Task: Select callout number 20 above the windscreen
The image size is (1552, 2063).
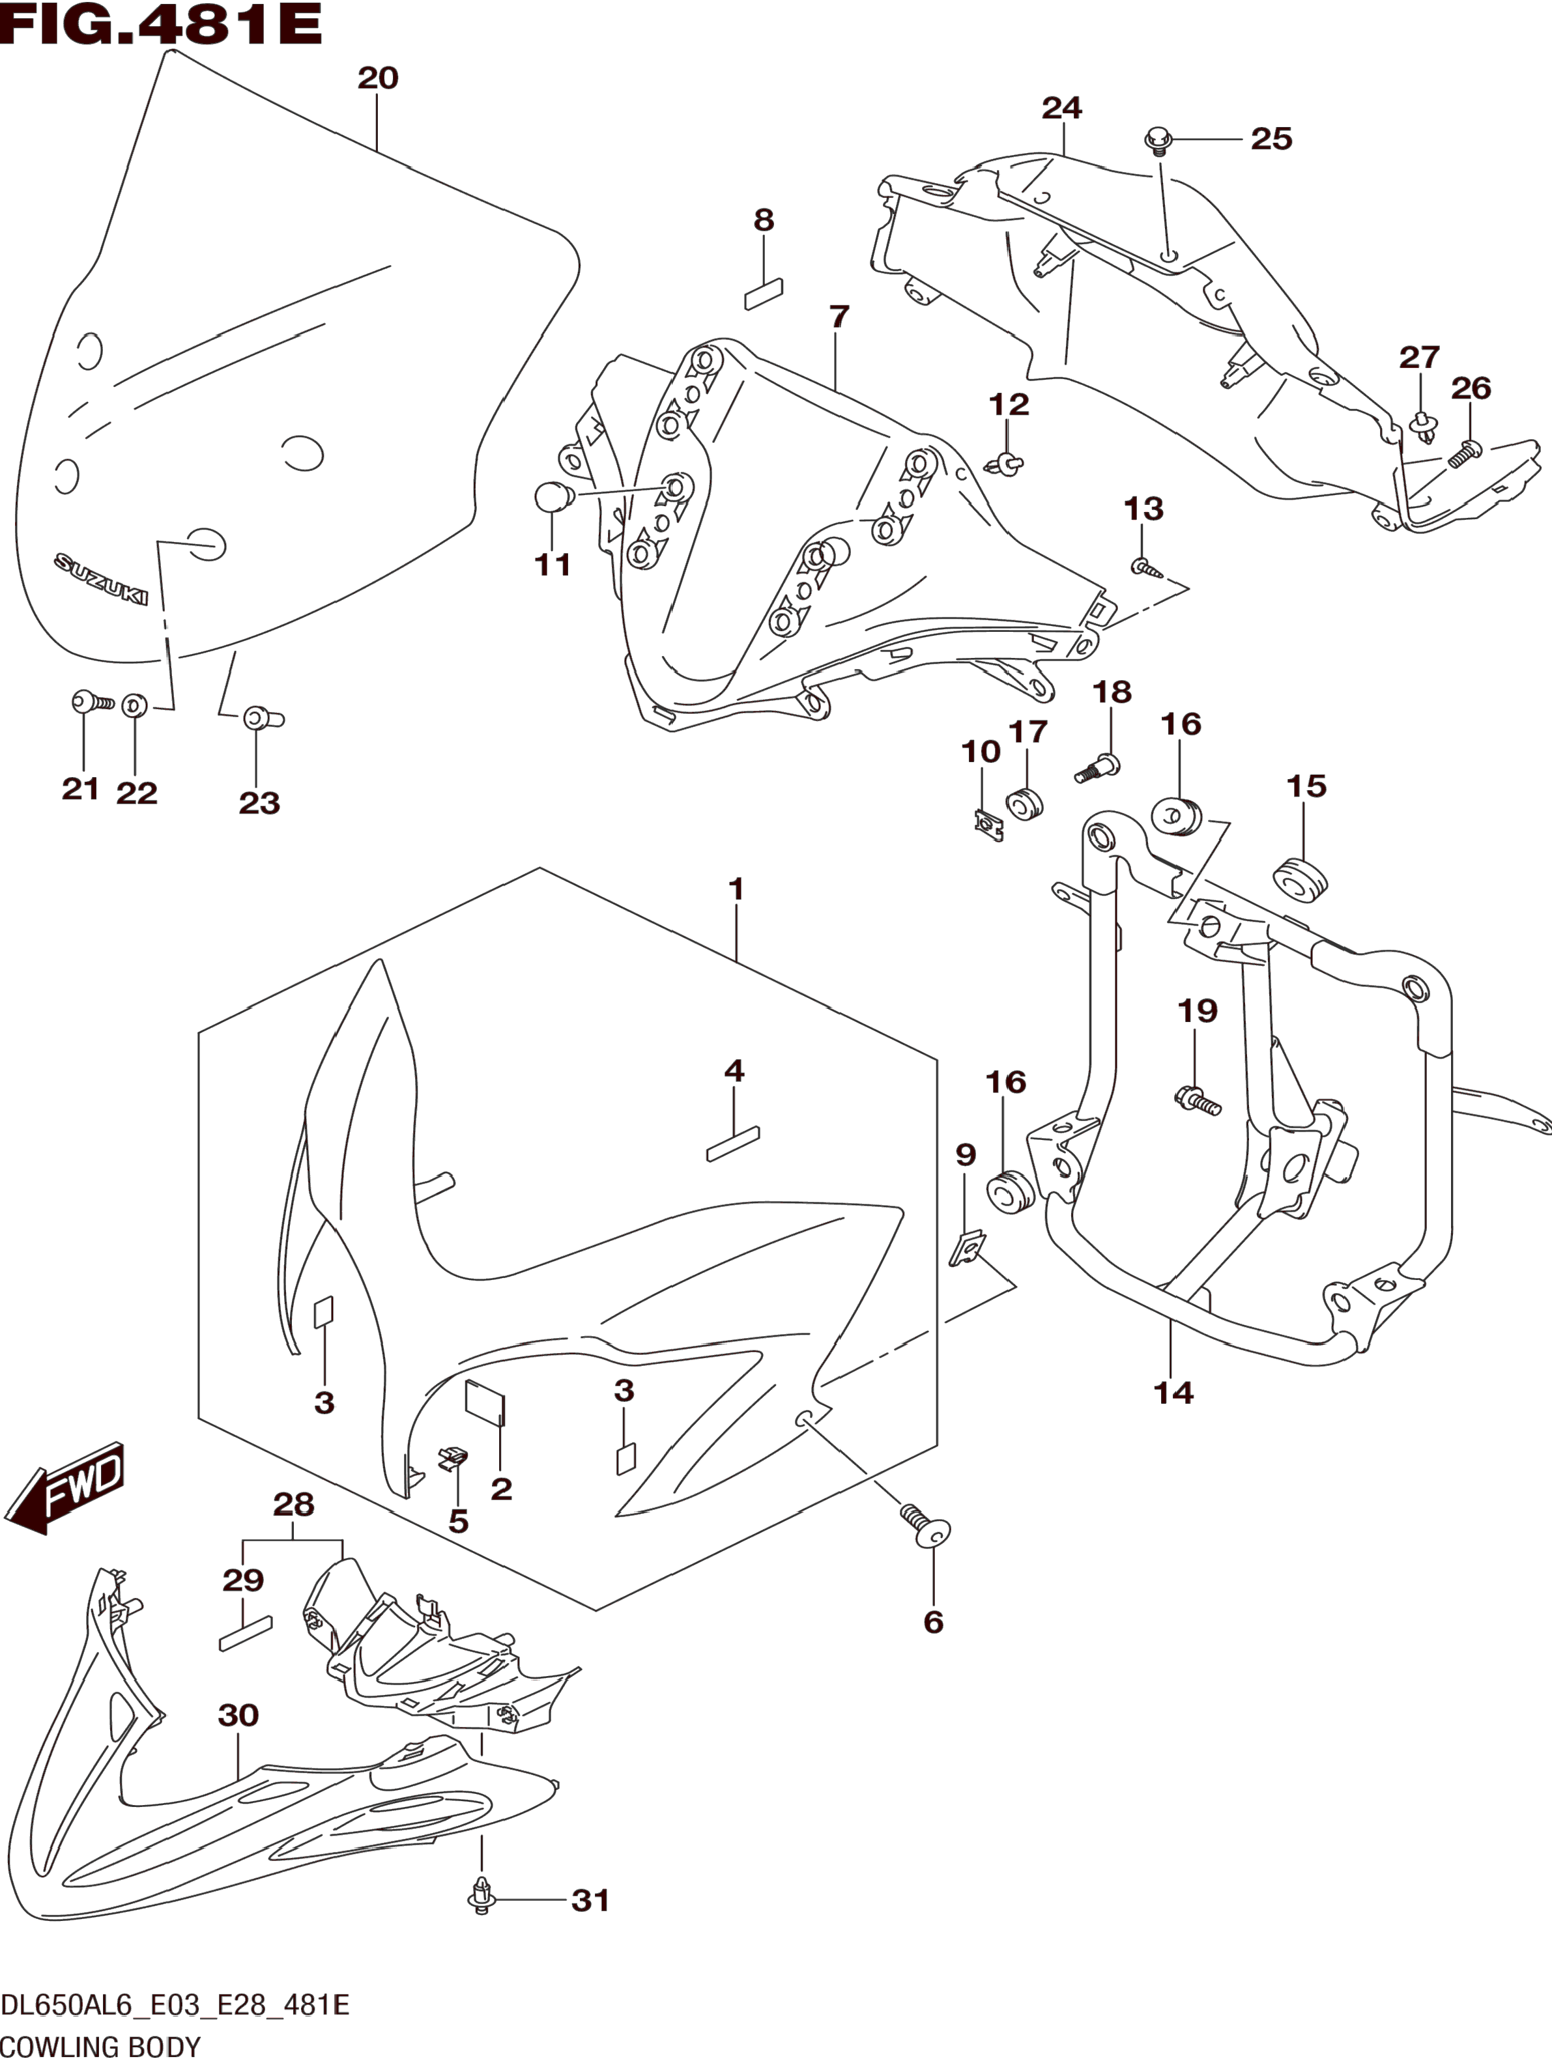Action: pyautogui.click(x=378, y=78)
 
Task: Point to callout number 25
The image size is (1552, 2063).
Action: pyautogui.click(x=1271, y=139)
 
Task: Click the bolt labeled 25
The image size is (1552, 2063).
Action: pyautogui.click(x=1157, y=142)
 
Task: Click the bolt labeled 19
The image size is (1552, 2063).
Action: pyautogui.click(x=1197, y=1100)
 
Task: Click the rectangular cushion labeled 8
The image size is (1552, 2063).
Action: pyautogui.click(x=763, y=294)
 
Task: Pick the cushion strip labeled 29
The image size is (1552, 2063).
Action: pyautogui.click(x=245, y=1633)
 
